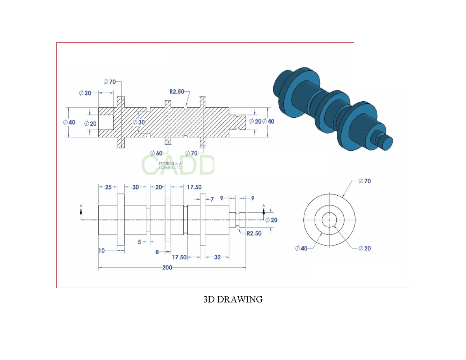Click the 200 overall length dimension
(x=168, y=268)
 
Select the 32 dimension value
(x=217, y=257)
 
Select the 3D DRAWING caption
(x=233, y=299)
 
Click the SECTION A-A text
(x=170, y=164)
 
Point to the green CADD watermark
(x=178, y=165)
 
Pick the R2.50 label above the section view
(x=177, y=92)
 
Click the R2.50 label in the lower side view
(x=254, y=233)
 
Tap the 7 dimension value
(x=212, y=199)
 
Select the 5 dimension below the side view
(x=140, y=242)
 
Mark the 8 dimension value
(x=157, y=252)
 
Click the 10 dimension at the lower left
(x=101, y=251)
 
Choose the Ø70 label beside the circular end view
(x=364, y=181)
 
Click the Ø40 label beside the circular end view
(x=301, y=248)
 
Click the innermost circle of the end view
(x=329, y=220)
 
